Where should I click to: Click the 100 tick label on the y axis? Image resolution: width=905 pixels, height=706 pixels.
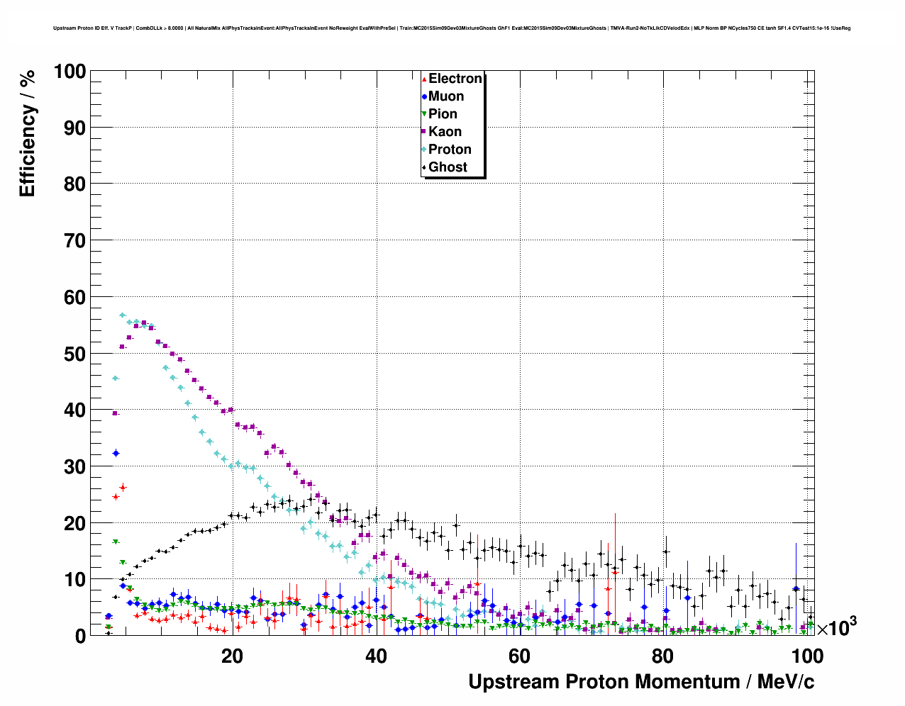70,72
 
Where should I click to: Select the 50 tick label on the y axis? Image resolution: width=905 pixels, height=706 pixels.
74,354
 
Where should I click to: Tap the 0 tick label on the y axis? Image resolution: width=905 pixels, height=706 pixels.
80,636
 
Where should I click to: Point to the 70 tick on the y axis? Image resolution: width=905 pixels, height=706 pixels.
74,241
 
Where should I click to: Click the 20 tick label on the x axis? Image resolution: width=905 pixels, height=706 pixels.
232,656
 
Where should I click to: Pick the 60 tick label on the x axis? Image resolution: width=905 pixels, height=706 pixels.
519,656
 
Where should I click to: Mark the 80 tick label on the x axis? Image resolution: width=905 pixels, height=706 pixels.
663,656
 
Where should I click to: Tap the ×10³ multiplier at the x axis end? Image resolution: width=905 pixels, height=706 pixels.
836,627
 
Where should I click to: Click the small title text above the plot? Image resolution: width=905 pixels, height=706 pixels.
452,28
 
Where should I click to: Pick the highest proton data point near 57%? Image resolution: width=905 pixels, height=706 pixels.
123,315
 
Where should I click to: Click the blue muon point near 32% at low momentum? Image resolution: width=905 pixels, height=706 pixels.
116,453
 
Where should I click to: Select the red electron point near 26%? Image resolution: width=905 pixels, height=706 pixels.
123,488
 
